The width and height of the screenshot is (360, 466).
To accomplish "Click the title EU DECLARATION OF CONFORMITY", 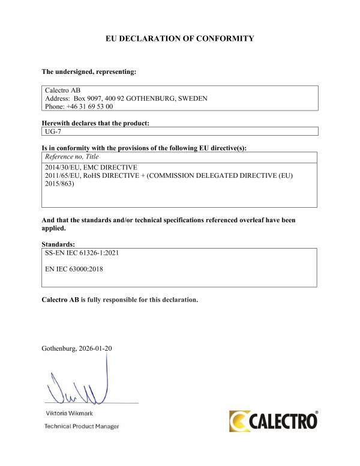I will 179,38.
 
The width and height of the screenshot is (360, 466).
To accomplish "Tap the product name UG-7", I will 53,132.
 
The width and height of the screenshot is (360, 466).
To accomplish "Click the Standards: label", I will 58,244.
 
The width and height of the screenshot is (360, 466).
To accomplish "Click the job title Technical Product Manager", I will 82,426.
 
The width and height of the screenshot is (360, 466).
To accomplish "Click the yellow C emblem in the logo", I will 239,420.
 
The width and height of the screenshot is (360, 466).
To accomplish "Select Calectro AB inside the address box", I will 59,89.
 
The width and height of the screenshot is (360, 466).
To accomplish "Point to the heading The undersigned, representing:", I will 89,72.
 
